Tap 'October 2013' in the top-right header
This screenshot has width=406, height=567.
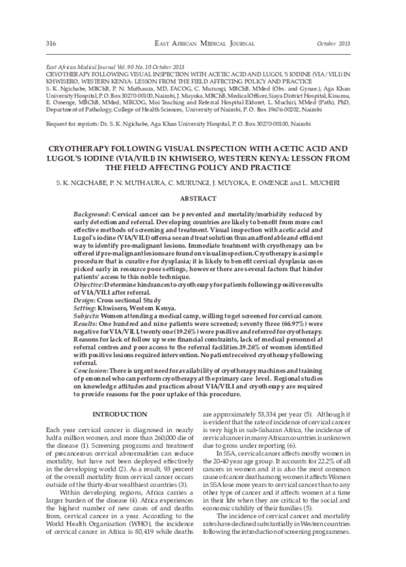(x=336, y=43)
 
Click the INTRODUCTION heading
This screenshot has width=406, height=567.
(x=119, y=414)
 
